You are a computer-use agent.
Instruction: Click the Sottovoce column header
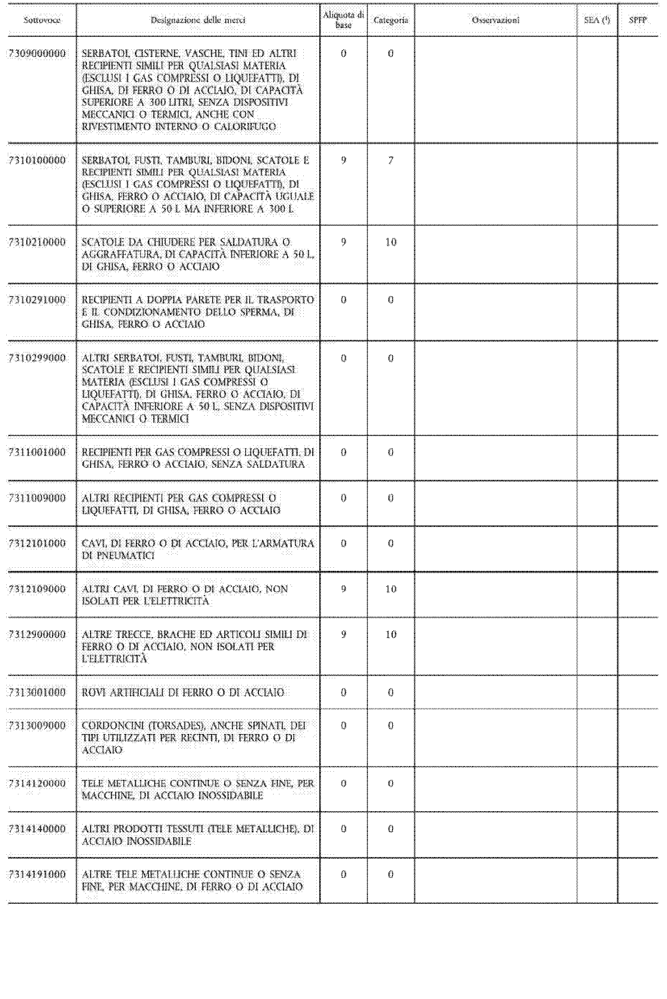[x=42, y=20]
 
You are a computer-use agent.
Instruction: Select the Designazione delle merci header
[x=198, y=20]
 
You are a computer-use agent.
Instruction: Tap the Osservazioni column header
[x=496, y=20]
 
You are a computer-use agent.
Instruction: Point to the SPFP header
[x=638, y=20]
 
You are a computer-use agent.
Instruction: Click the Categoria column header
[x=390, y=20]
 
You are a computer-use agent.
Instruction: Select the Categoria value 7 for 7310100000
[x=390, y=160]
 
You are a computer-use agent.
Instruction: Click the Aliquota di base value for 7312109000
[x=343, y=589]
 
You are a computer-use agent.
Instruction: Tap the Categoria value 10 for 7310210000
[x=390, y=242]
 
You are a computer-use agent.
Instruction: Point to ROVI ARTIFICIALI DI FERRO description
[x=183, y=692]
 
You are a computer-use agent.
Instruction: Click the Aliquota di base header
[x=343, y=20]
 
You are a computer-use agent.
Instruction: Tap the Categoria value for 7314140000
[x=390, y=829]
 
